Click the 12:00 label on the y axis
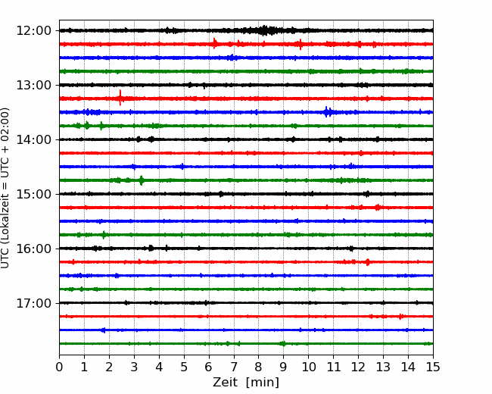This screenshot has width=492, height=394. pyautogui.click(x=33, y=31)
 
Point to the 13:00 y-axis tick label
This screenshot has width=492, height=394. pyautogui.click(x=33, y=85)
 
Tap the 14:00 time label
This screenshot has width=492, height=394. pyautogui.click(x=33, y=139)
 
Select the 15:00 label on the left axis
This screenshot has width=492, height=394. pyautogui.click(x=33, y=194)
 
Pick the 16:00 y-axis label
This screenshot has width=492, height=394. pyautogui.click(x=33, y=249)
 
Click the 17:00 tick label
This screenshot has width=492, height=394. pyautogui.click(x=33, y=303)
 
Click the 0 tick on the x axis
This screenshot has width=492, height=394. pyautogui.click(x=59, y=367)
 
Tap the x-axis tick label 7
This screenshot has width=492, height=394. pyautogui.click(x=234, y=367)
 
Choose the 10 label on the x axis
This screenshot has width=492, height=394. pyautogui.click(x=308, y=367)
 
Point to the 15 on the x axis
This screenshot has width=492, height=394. pyautogui.click(x=433, y=367)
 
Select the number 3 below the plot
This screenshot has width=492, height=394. pyautogui.click(x=134, y=367)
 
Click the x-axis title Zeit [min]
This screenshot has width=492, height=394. pyautogui.click(x=246, y=383)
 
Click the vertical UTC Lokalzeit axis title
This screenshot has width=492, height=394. pyautogui.click(x=5, y=188)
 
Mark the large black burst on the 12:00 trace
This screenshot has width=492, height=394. pyautogui.click(x=265, y=30)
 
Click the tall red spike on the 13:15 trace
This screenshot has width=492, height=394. pyautogui.click(x=120, y=98)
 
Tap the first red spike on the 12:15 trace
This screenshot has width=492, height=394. pyautogui.click(x=215, y=43)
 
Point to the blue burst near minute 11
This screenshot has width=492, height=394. pyautogui.click(x=328, y=112)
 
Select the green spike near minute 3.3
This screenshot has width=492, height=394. pyautogui.click(x=142, y=180)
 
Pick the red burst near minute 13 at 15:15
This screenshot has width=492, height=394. pyautogui.click(x=378, y=207)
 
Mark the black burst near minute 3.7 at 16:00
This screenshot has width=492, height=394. pyautogui.click(x=151, y=249)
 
